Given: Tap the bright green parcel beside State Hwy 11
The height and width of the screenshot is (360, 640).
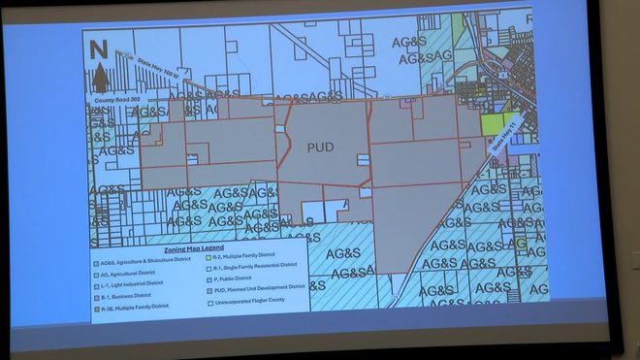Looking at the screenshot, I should click(495, 124).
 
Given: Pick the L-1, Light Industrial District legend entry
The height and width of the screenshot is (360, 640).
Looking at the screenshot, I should click(136, 284).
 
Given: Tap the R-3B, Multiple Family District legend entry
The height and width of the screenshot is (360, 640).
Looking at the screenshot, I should click(135, 307).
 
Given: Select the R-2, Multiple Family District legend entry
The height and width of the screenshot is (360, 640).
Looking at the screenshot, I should click(248, 255).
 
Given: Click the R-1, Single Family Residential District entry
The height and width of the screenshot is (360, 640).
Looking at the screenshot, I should click(257, 266).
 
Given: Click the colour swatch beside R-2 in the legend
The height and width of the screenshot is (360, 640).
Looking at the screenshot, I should click(206, 255).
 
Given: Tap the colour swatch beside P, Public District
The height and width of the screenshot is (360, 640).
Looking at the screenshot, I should click(206, 278).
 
